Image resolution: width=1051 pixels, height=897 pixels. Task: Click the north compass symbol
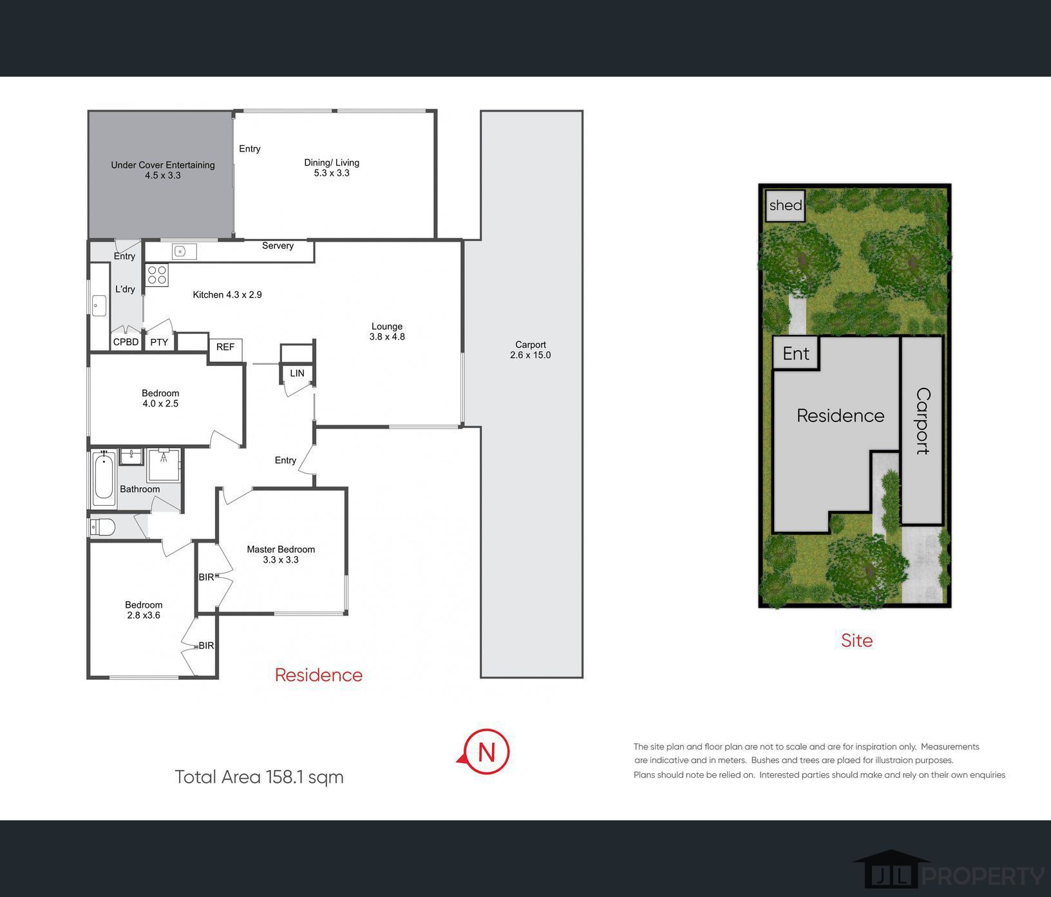point(486,751)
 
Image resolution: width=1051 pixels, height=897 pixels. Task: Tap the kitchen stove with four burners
point(157,275)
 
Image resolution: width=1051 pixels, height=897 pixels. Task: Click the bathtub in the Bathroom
point(104,478)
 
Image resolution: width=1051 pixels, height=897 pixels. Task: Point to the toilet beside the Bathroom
point(103,528)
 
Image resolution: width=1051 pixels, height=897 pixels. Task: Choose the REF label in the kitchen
point(225,347)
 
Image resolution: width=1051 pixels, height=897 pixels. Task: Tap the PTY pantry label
point(159,342)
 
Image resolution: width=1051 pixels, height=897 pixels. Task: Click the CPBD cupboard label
point(126,342)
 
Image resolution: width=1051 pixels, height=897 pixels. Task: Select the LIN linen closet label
point(297,373)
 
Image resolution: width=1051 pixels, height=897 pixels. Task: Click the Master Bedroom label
point(281,549)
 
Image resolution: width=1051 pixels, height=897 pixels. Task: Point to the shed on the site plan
point(786,206)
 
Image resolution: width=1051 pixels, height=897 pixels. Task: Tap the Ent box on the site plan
point(796,353)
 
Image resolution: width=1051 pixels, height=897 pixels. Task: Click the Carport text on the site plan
point(923,421)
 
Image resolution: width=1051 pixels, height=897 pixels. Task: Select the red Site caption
point(857,640)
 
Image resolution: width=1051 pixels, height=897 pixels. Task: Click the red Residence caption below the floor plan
point(319,675)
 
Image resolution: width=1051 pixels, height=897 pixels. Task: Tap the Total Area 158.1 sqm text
point(260,777)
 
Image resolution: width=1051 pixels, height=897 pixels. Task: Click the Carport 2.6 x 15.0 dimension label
point(531,350)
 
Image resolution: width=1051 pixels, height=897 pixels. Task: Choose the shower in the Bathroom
point(164,465)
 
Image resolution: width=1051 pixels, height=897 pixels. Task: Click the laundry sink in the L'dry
point(99,305)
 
